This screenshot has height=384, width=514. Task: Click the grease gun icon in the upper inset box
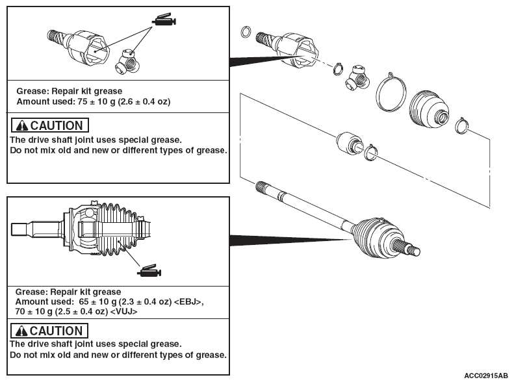pos(164,19)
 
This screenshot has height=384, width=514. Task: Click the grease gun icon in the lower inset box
pos(149,271)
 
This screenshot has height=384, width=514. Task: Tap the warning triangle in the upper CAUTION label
pos(22,125)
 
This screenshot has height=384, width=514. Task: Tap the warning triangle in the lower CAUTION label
pos(21,331)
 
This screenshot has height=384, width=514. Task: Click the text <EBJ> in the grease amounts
pos(187,301)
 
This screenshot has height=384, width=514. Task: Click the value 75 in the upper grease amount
pos(83,101)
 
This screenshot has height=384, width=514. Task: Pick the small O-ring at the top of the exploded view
pos(246,32)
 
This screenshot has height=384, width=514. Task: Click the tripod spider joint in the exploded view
pos(357,77)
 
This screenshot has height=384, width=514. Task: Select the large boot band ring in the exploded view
pos(391,92)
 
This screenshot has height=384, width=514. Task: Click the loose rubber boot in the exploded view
pos(429,109)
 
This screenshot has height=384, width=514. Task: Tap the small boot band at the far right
pos(462,125)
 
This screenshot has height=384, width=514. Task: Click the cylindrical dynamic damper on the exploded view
pos(350,143)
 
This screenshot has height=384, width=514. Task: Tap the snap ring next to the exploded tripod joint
pos(339,68)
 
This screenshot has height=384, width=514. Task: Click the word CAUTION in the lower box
pos(56,331)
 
